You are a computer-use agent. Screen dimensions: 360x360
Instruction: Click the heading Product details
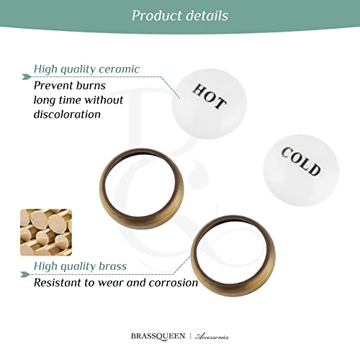(180, 15)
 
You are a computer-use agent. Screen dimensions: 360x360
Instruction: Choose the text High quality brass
(80, 267)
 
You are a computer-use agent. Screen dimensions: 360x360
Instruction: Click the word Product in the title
(156, 15)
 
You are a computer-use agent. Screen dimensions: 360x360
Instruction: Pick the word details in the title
(207, 15)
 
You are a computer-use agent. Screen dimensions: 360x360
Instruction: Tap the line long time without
(78, 99)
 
